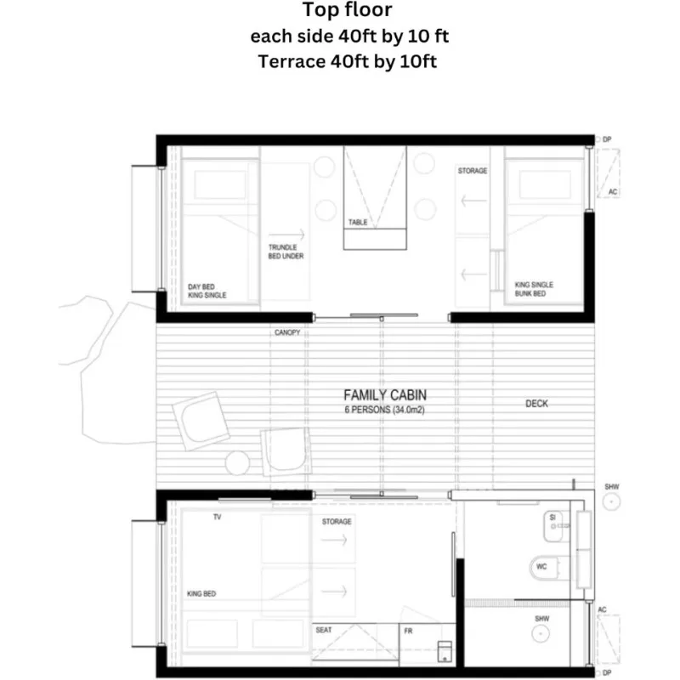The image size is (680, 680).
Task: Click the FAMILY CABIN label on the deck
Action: tap(385, 395)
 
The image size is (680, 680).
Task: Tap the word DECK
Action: tap(536, 404)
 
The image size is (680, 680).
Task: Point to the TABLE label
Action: tap(358, 222)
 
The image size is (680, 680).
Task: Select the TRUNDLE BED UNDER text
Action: tap(286, 252)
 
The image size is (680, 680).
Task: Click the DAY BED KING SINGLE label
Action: tap(207, 291)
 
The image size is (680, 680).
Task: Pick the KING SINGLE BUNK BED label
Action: tap(534, 289)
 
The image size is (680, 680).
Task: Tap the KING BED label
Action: tap(201, 593)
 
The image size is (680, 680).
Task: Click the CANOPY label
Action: tap(287, 332)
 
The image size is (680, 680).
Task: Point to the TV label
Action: tap(218, 517)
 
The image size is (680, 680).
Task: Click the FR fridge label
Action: tap(408, 631)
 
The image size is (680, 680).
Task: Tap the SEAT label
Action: tap(324, 630)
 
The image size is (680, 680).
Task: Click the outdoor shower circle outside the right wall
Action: tap(611, 501)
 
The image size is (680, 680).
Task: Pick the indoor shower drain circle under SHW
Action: tap(541, 633)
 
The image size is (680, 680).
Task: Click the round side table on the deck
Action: tap(237, 462)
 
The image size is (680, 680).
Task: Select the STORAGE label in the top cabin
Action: tap(473, 171)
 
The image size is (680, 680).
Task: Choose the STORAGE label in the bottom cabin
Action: tap(337, 522)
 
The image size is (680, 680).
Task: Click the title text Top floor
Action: tap(347, 10)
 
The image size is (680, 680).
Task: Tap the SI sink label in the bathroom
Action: tap(552, 518)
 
